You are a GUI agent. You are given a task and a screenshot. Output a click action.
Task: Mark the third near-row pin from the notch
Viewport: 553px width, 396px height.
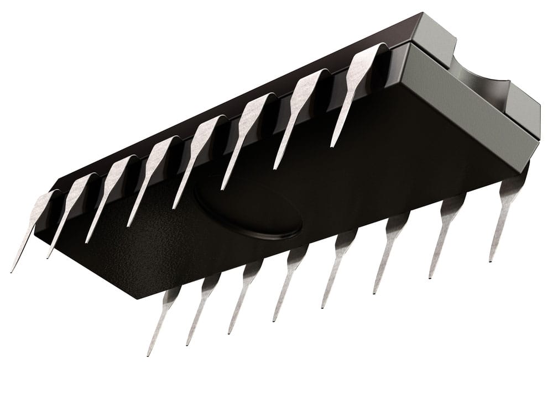point(390,249)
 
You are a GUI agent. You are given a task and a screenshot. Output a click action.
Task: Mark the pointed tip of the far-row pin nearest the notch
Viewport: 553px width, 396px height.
point(333,145)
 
